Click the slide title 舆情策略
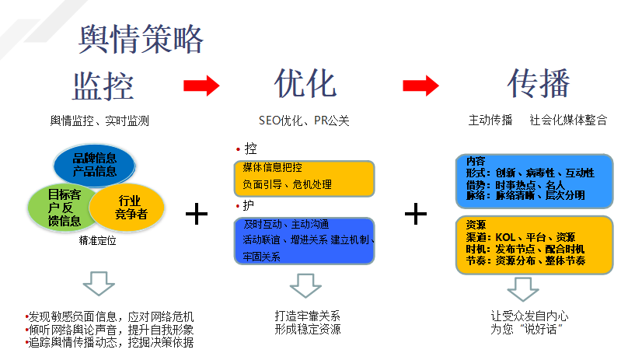coord(141,40)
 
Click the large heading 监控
coord(103,86)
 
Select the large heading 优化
coord(305,83)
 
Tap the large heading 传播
coord(539,83)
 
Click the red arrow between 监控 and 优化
coord(201,86)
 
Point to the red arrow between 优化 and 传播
coord(420,86)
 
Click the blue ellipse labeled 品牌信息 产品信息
coord(95,165)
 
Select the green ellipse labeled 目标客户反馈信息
coord(60,208)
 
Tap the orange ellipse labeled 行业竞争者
coord(127,208)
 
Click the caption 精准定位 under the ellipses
coord(97,240)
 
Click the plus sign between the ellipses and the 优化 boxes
coord(197,214)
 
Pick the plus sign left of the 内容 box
coord(416,214)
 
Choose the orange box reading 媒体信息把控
coord(305,178)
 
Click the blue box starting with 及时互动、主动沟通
coord(305,241)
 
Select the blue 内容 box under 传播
coord(534,181)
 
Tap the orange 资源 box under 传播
coord(534,245)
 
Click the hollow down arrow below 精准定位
coord(99,284)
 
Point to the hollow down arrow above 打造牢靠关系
coord(305,285)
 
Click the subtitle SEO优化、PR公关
coord(304,121)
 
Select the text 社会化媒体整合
coord(568,120)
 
